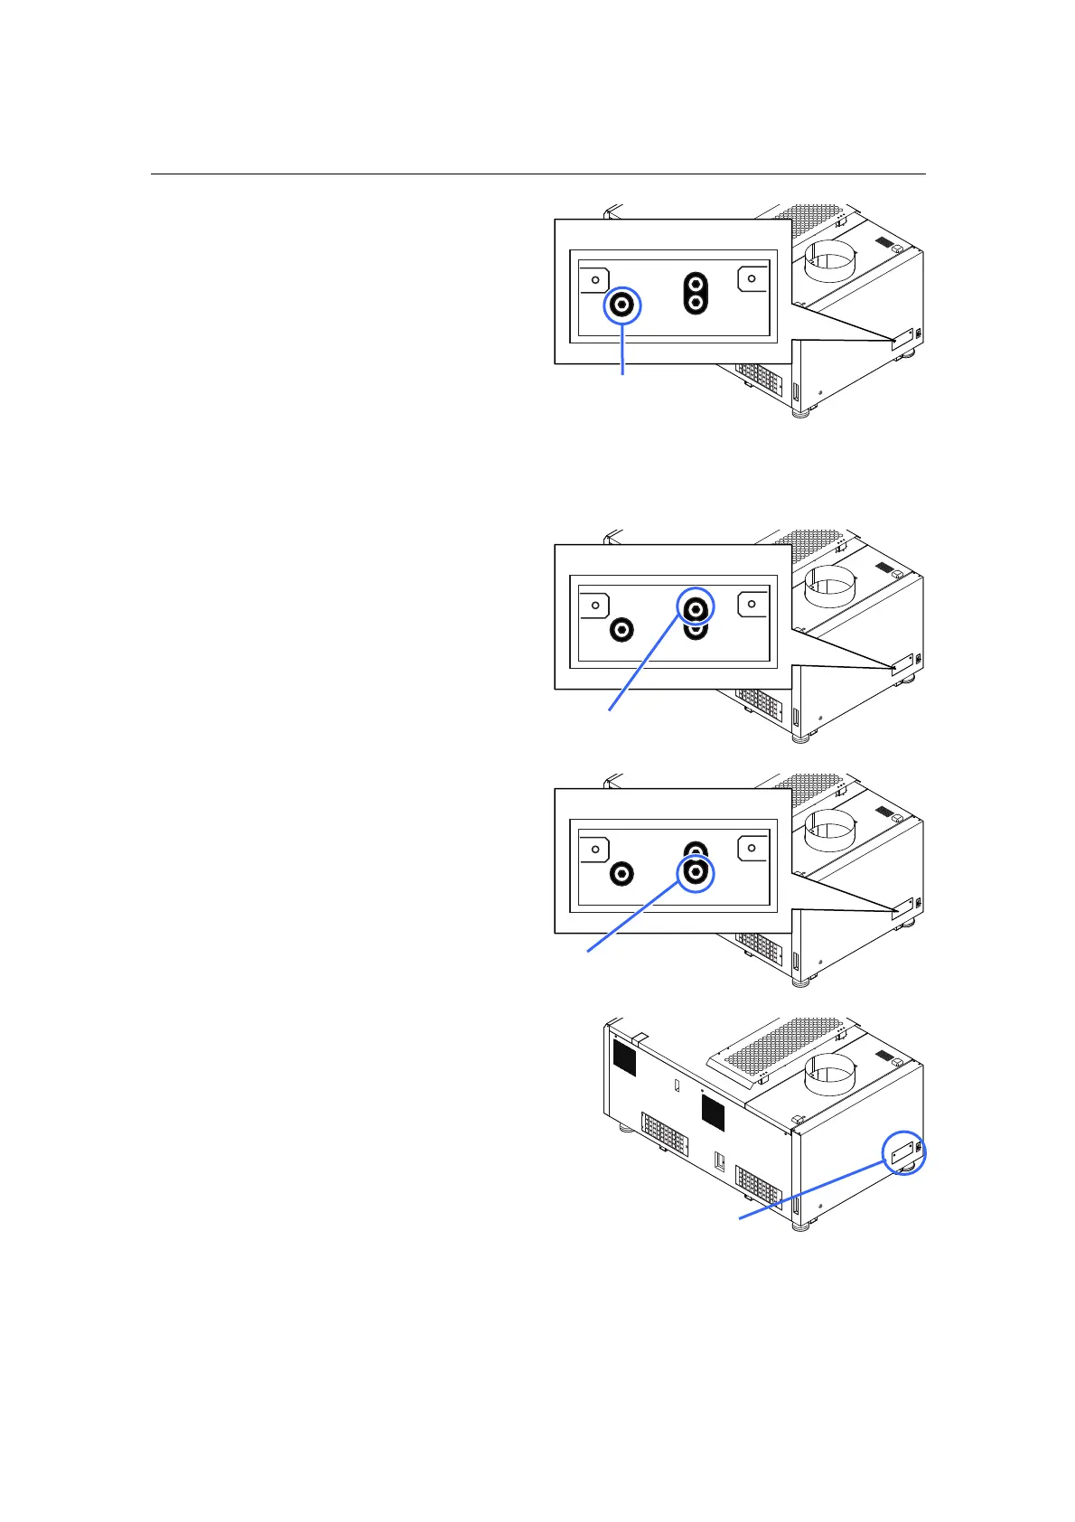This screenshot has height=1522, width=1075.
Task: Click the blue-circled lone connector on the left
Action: (622, 305)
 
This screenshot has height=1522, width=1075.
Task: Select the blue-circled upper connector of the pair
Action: (696, 609)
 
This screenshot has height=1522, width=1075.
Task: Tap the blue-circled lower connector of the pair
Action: (696, 873)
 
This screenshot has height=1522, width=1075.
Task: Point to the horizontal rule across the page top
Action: (537, 174)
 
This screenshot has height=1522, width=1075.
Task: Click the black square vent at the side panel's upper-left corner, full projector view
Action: (624, 1058)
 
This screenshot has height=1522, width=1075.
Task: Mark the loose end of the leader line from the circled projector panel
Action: (741, 1218)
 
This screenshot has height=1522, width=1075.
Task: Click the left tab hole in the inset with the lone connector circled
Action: (595, 280)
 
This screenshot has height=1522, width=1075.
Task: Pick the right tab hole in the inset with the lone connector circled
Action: (752, 278)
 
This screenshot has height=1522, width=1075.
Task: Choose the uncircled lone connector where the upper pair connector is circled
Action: (622, 629)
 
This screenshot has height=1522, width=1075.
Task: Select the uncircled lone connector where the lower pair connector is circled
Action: (622, 874)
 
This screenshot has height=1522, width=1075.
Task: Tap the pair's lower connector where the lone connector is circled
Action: (696, 304)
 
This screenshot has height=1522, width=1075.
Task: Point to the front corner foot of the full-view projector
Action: (799, 1227)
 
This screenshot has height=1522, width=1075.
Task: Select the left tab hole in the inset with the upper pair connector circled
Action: (595, 606)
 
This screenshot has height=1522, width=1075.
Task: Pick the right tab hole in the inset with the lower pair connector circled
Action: (752, 848)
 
